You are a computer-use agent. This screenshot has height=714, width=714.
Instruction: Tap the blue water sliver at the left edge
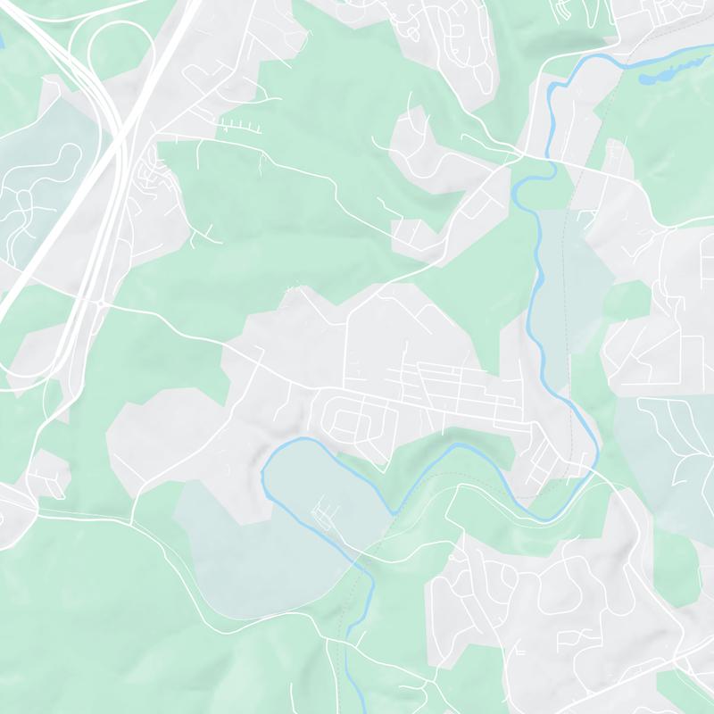point(2,41)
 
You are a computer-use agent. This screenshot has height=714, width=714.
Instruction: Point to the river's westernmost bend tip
point(262,473)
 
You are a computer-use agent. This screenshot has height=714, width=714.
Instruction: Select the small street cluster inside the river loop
point(325,514)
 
